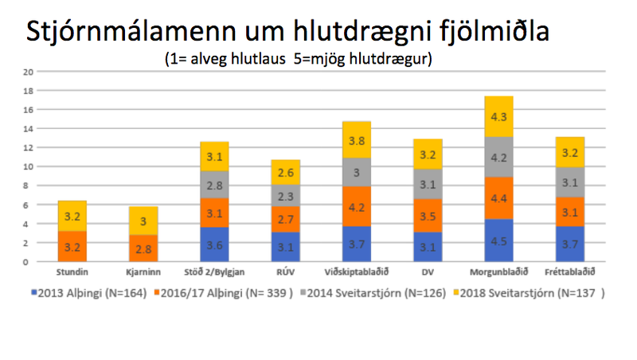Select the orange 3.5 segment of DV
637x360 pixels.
[428, 216]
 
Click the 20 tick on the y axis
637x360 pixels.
[28, 72]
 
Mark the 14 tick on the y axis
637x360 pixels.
[28, 129]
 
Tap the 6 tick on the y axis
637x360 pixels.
[29, 205]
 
